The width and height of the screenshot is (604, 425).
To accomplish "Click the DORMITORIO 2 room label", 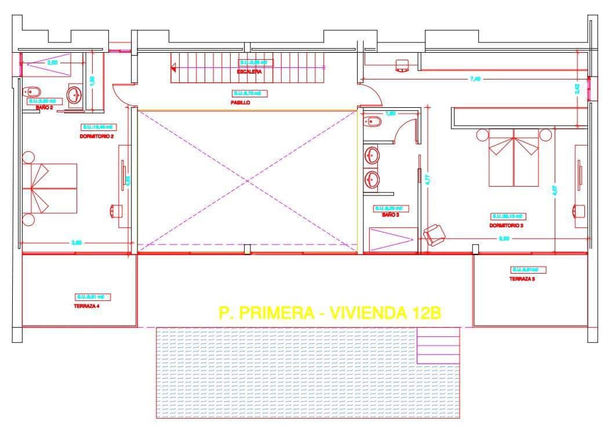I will [96, 136].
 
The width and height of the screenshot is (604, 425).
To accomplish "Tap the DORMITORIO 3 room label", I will [506, 226].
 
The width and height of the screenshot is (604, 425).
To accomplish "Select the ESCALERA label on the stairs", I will [249, 72].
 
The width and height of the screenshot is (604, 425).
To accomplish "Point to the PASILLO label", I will [240, 102].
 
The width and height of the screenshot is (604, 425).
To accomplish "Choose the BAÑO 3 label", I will [390, 215].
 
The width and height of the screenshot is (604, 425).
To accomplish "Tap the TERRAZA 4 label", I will [87, 306].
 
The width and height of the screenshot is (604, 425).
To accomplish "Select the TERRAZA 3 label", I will [522, 278].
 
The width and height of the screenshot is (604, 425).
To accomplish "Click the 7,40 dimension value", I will [475, 79].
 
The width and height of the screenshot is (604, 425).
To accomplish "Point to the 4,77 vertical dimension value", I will [428, 180].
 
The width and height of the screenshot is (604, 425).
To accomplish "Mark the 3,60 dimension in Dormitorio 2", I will [76, 243].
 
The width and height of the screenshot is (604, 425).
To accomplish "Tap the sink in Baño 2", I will [75, 95].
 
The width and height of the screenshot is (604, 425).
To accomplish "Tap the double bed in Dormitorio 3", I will [514, 157].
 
